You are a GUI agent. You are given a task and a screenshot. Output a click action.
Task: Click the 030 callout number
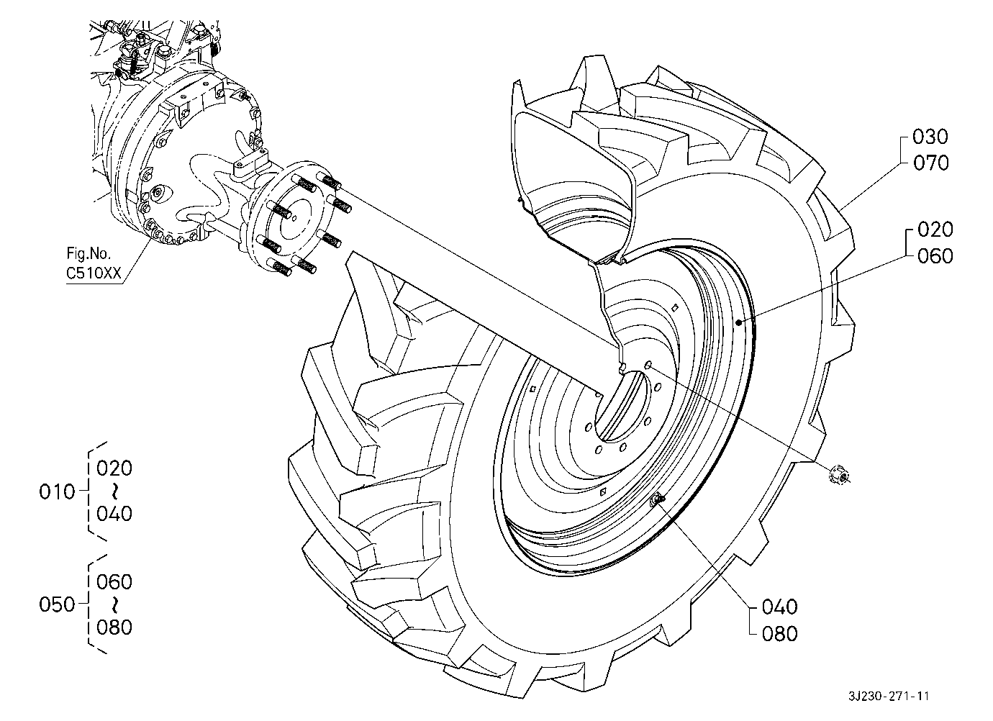pos(930,137)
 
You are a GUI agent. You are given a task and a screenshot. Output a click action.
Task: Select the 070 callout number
pos(930,163)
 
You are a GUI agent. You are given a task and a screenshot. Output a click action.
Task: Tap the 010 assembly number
pos(57,491)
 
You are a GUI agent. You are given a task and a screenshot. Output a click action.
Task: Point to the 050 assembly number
pos(57,604)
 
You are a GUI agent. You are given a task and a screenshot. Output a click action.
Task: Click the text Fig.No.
pos(89,253)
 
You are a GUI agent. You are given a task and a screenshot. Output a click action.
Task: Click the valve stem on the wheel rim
pos(656,501)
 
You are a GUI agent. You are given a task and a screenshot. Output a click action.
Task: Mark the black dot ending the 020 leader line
pos(738,323)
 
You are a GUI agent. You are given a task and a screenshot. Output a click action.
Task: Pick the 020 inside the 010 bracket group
pos(114,468)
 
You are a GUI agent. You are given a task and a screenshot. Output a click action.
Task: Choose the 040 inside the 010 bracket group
pos(114,514)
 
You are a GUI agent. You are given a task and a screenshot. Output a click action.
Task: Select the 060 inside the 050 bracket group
pos(114,582)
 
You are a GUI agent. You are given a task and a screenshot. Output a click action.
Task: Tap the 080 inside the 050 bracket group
pos(114,627)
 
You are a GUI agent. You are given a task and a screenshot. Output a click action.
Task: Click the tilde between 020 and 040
pos(115,491)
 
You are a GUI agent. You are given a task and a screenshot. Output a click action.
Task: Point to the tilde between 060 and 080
pos(115,604)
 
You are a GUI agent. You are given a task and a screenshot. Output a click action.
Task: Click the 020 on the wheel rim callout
pos(935,230)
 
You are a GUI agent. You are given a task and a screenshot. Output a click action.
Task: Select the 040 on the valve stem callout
pos(780,607)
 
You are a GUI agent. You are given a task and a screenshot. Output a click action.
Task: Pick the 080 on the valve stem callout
pos(780,634)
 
